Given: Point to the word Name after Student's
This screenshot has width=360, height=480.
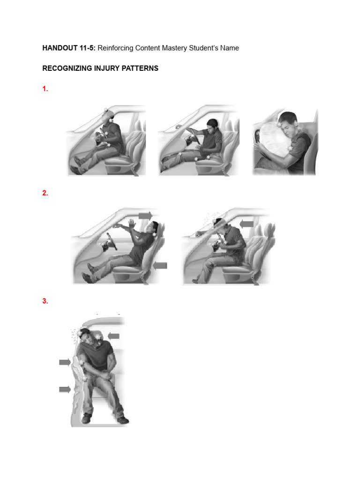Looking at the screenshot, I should click(x=229, y=48).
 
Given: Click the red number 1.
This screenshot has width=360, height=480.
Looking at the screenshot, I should click(x=45, y=89).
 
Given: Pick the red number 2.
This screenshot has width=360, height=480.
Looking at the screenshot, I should click(x=45, y=193).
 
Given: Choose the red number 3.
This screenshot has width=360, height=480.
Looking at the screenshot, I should click(x=45, y=301).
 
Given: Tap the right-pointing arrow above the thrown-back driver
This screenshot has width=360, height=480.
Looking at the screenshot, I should click(x=146, y=215).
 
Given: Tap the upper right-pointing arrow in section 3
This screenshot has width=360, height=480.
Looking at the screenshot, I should click(x=65, y=362).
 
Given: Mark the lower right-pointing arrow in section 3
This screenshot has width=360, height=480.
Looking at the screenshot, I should click(x=65, y=389).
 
